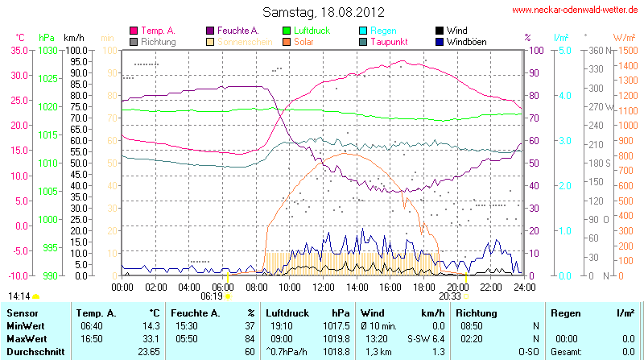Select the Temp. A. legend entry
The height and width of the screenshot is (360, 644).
158,30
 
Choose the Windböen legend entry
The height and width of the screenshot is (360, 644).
466,41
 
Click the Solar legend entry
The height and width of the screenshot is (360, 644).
305,41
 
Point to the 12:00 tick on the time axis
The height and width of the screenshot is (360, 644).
323,286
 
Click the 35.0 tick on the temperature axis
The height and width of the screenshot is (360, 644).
18,50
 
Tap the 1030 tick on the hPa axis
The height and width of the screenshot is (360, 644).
47,50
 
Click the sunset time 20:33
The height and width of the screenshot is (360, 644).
450,296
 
